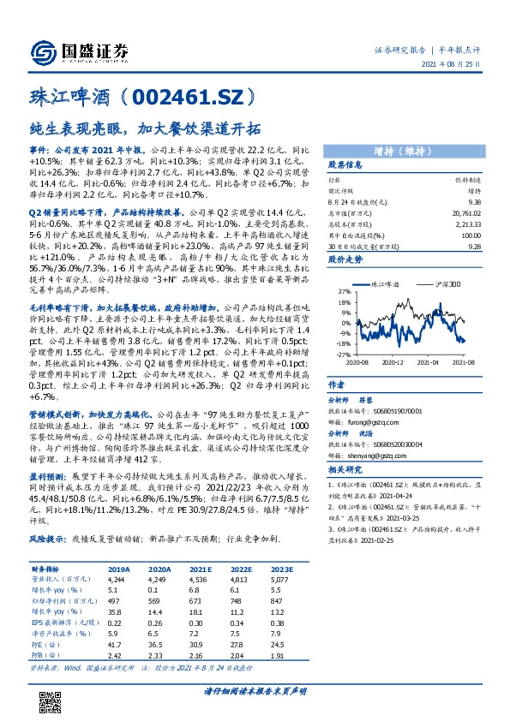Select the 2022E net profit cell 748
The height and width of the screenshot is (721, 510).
pos(243,603)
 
